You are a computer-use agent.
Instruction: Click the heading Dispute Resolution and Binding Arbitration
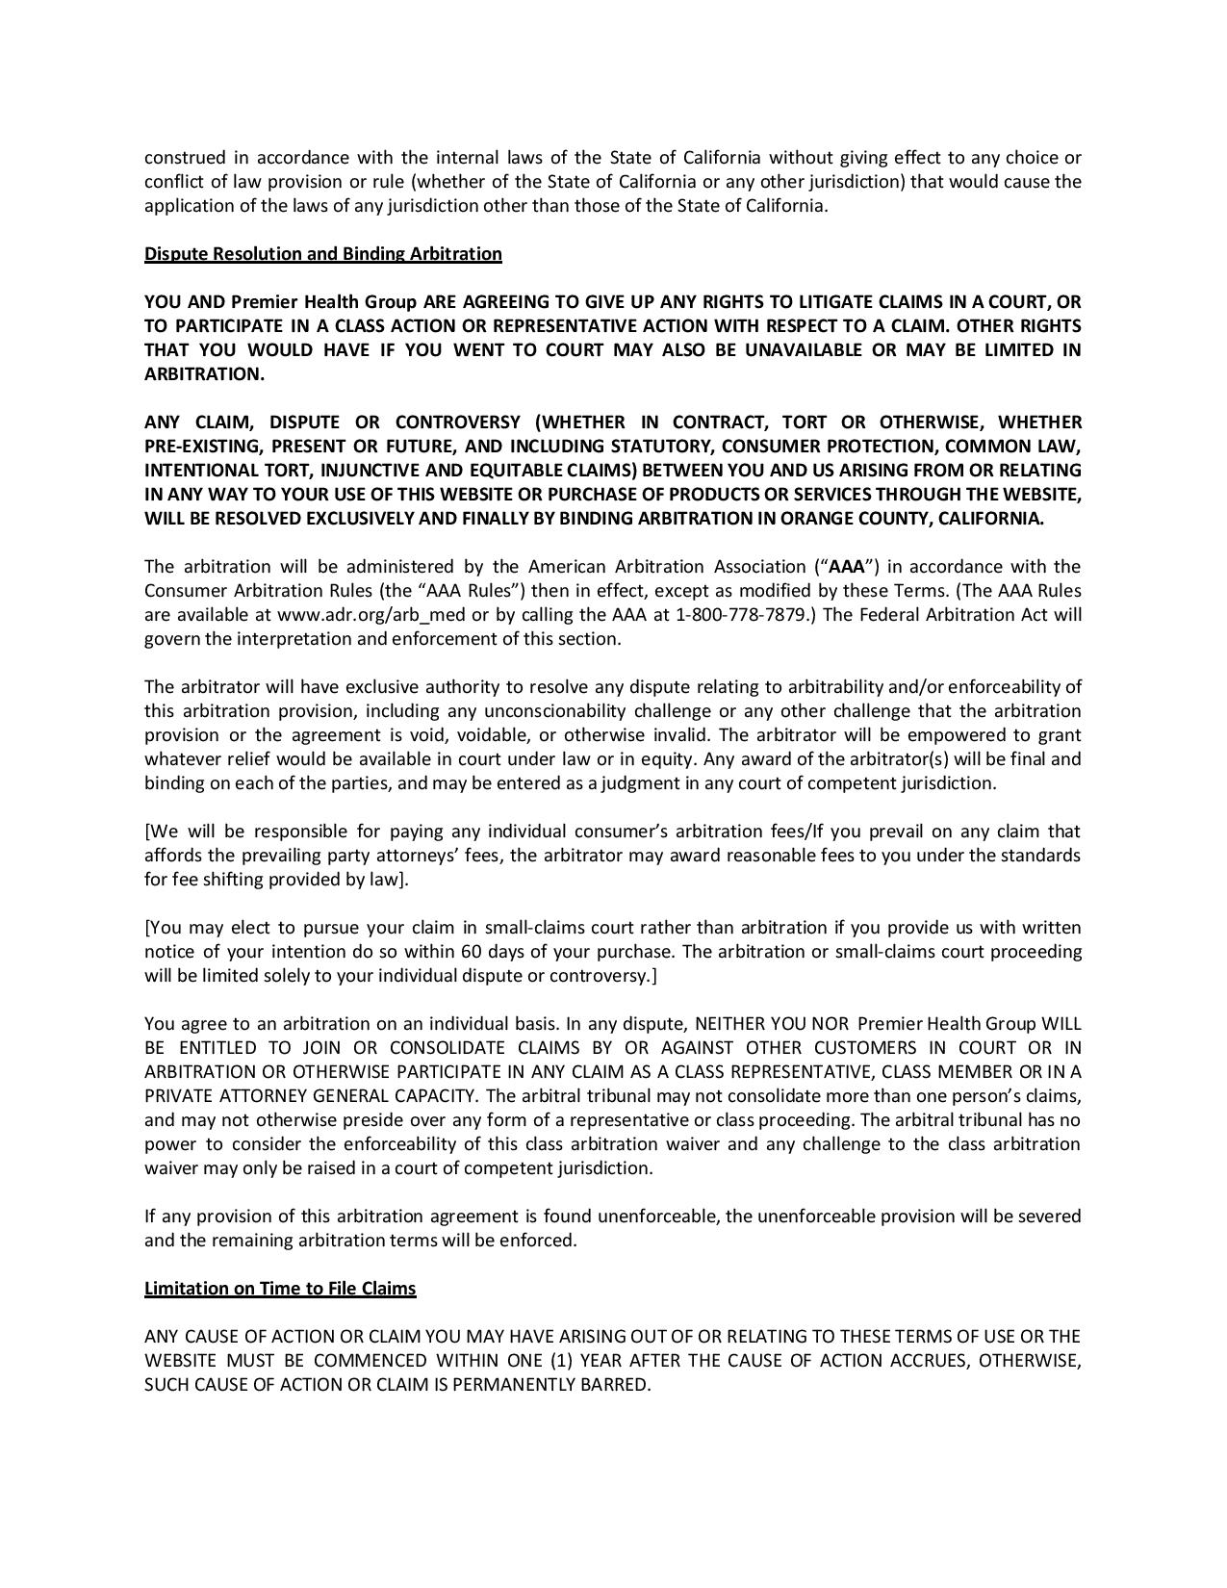pos(322,254)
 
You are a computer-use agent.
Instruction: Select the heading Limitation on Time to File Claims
pos(279,1289)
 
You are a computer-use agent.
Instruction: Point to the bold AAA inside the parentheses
pos(847,567)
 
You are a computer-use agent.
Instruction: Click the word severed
pos(1048,1217)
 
